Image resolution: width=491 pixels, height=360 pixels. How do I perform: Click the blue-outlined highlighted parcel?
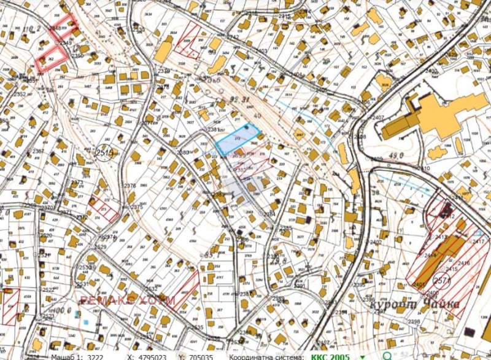236,137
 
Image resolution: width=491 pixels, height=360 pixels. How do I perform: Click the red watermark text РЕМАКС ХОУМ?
127,300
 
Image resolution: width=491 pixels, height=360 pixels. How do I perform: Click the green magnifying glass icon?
387,355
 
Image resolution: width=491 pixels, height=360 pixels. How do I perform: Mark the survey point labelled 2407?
377,117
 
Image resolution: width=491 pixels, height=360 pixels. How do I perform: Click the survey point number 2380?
182,152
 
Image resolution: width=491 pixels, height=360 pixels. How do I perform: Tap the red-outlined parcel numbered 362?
50,59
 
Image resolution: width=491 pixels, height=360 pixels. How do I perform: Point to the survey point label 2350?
77,56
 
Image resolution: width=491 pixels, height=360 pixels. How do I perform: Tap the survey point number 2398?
414,321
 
